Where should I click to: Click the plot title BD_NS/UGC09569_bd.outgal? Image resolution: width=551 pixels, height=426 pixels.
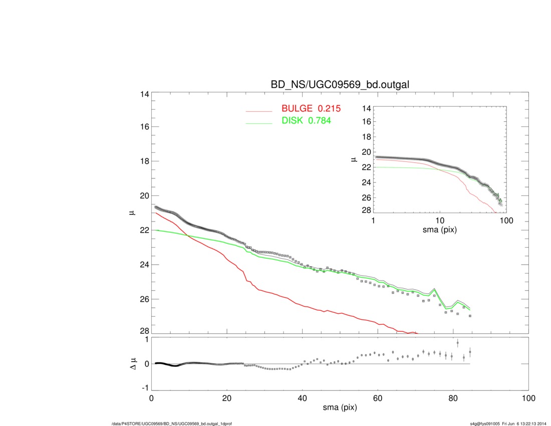point(340,85)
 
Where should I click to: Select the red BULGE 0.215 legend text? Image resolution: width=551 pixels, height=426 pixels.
point(311,108)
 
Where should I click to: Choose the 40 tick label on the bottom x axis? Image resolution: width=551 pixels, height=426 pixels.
point(302,398)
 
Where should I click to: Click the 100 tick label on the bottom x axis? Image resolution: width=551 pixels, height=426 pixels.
point(528,398)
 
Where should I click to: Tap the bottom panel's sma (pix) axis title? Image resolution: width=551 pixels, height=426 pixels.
point(340,408)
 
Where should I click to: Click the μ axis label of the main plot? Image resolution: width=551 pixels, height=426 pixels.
point(132,213)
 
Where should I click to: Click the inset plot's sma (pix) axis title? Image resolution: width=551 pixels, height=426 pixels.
point(440,231)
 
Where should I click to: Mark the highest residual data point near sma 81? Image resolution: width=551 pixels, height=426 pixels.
point(457,343)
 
